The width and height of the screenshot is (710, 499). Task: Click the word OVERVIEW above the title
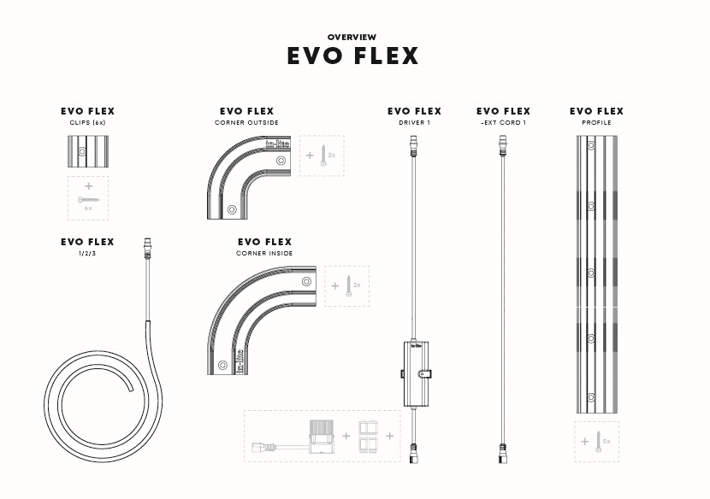(352, 37)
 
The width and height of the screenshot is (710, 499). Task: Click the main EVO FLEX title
(352, 56)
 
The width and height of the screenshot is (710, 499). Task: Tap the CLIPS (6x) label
(87, 123)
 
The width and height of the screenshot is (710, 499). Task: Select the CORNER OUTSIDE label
(246, 123)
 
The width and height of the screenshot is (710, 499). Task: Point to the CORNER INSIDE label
(264, 254)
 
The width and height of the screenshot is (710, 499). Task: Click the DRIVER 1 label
(414, 123)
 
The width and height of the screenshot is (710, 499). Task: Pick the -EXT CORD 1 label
(503, 123)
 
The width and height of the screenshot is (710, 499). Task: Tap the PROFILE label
(596, 123)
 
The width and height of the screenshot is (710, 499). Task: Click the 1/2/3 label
(87, 254)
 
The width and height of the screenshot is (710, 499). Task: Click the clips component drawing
(87, 152)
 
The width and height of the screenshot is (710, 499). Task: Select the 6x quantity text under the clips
(88, 208)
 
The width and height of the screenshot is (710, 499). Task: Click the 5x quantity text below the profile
(607, 442)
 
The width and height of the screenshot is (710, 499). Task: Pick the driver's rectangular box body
(415, 373)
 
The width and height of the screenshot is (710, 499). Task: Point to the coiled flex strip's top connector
(147, 249)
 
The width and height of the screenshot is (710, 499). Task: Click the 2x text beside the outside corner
(332, 156)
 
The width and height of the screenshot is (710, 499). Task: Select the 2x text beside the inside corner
(357, 285)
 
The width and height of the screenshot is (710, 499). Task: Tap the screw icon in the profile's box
(598, 442)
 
